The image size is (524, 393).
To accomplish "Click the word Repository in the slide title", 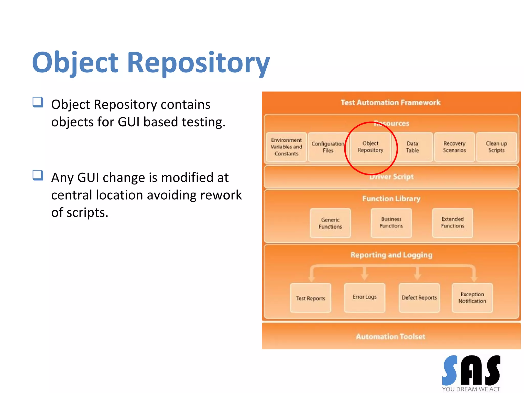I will [198, 63].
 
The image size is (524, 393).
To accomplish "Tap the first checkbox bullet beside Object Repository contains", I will [38, 102].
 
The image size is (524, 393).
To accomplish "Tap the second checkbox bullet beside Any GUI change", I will [38, 175].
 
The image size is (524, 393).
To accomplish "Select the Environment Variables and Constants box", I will [286, 147].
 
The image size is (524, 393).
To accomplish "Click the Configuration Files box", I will [328, 147].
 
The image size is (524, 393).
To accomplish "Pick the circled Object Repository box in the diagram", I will [370, 147].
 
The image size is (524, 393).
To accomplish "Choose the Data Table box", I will [412, 147].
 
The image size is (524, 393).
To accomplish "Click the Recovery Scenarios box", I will [454, 147].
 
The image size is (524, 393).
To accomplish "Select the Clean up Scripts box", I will [496, 147].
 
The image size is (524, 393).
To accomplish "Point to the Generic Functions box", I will [330, 223].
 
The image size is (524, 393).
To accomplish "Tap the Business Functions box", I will [391, 223].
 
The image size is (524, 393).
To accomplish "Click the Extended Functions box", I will [452, 223].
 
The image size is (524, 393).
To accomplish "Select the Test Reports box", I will [310, 298].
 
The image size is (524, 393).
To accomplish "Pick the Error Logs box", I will [364, 297].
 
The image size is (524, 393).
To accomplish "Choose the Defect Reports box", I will [419, 298].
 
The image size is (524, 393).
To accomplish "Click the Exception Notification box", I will [472, 298].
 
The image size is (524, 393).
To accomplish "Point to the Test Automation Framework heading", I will [390, 103].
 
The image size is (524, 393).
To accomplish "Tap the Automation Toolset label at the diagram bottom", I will [390, 336].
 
